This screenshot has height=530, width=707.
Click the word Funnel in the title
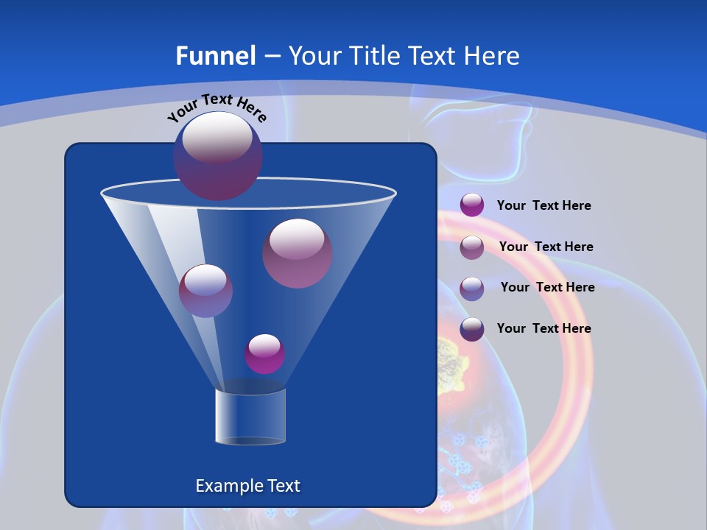point(216,55)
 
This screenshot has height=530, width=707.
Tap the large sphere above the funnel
point(217,156)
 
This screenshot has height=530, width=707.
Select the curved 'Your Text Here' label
point(217,107)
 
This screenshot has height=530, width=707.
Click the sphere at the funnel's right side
point(297,253)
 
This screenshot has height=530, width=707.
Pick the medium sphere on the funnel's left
point(205,291)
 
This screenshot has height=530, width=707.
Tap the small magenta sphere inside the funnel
point(264,354)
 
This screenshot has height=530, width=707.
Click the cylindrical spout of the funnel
point(250,417)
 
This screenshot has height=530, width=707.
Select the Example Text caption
point(247,486)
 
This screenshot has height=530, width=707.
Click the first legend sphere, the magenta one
point(472,205)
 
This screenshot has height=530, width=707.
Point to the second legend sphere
point(472,247)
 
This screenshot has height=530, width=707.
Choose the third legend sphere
point(472,288)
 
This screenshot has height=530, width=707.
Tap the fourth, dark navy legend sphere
point(472,329)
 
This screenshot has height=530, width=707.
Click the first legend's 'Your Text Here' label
point(544,206)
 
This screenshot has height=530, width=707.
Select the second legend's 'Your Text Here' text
point(546,247)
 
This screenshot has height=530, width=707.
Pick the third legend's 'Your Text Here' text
point(547,288)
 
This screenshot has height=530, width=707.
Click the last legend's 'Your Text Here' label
point(544,328)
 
